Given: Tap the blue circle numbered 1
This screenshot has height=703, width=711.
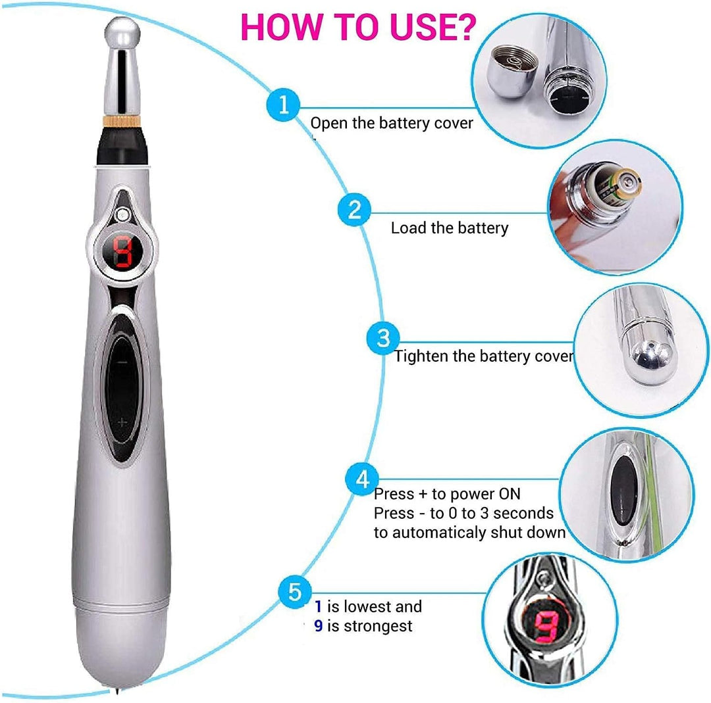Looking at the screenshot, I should [283, 105].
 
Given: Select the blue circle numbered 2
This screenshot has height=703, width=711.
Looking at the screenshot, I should [354, 210].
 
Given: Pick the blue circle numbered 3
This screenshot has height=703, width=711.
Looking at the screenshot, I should [383, 339].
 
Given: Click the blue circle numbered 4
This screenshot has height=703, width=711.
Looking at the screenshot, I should [363, 480].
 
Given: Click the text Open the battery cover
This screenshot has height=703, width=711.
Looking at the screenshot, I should [391, 123].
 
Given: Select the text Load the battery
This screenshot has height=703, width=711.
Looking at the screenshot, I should [450, 228].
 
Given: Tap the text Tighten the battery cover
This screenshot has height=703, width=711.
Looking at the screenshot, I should [483, 356].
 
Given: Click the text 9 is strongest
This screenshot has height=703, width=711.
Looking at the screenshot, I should [363, 626].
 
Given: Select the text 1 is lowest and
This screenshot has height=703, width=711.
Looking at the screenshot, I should [368, 606].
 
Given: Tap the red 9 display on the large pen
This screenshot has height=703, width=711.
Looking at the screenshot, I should [122, 253].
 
